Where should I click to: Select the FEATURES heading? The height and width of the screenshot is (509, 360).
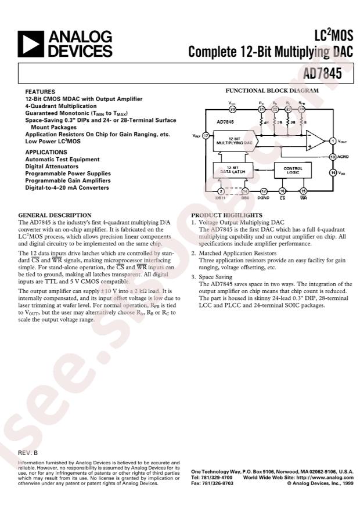[x=40, y=92]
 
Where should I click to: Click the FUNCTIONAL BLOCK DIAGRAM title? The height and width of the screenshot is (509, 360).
[x=272, y=91]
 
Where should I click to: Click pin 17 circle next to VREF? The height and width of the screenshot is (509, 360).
[x=205, y=135]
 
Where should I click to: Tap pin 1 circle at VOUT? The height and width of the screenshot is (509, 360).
[x=333, y=141]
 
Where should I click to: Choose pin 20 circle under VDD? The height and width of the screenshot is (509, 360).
[x=233, y=109]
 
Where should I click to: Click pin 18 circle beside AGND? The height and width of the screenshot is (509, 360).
[x=333, y=157]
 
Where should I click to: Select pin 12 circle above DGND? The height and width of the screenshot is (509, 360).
[x=264, y=191]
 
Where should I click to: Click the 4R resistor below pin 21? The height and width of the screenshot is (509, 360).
[x=262, y=123]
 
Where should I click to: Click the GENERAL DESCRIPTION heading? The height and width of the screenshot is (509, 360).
[x=55, y=215]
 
